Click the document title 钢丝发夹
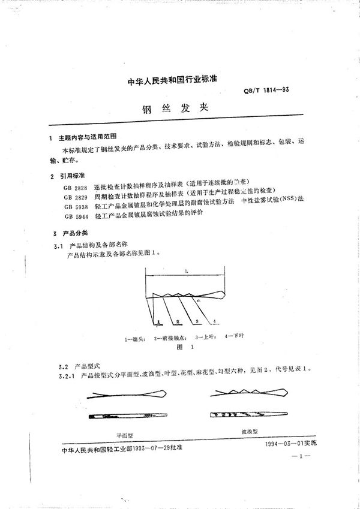coord(180,110)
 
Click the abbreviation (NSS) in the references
coord(283,205)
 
